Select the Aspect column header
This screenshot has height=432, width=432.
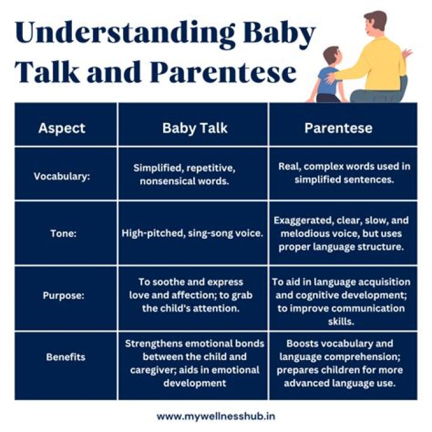62,128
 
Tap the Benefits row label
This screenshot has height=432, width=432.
65,357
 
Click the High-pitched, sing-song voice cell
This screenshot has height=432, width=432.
193,233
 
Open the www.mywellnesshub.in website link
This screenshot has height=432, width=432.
216,415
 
